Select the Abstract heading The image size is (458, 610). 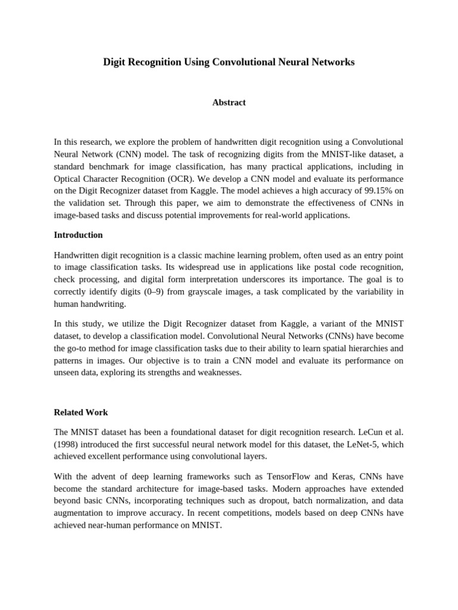(229, 102)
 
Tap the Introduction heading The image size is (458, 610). (78, 235)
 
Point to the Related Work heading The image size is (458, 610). (81, 412)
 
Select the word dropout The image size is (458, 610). (270, 501)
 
